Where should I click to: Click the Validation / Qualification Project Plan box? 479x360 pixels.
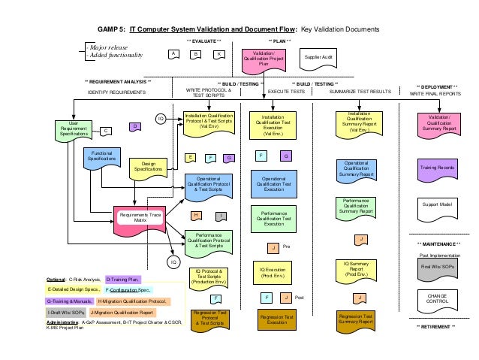[264, 59]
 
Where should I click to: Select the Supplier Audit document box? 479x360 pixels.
[318, 57]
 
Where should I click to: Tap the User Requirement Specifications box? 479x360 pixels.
[74, 129]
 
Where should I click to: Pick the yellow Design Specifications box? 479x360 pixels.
[148, 168]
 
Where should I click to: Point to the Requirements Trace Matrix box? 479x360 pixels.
[140, 219]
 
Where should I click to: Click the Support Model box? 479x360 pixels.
[439, 205]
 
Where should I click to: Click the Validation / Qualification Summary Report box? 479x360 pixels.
[439, 124]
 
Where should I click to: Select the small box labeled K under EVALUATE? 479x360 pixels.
[218, 54]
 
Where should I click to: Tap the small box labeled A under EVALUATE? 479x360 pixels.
[173, 54]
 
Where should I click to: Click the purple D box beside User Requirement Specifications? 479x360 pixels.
[134, 127]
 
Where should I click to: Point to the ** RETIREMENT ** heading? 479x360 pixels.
[436, 327]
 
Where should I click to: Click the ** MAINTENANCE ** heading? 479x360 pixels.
[439, 244]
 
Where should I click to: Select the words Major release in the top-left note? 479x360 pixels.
[109, 47]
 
